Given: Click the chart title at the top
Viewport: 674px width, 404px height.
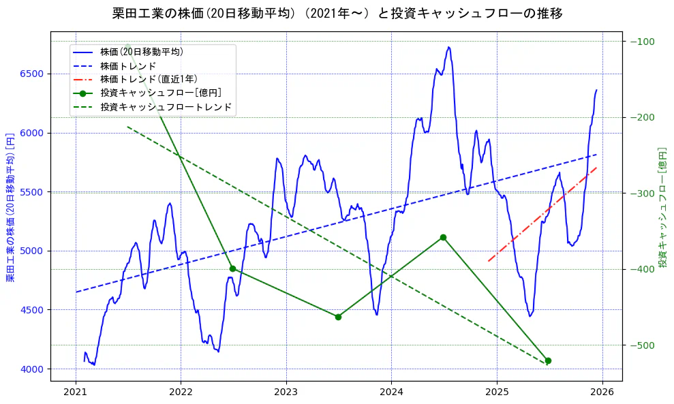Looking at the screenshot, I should (337, 13).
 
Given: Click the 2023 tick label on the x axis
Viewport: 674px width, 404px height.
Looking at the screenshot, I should (286, 392).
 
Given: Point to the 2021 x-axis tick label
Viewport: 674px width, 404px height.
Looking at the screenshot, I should (76, 392).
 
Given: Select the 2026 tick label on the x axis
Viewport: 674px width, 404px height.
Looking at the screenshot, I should (602, 392).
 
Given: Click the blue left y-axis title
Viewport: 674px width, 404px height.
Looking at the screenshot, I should (10, 207).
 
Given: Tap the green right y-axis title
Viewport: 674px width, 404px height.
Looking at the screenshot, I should (662, 207).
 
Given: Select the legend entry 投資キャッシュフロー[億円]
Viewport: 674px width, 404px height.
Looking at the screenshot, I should (161, 93).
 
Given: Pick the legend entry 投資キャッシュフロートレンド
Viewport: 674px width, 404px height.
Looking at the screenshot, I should (166, 107).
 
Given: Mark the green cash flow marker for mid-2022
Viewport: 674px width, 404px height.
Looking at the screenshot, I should (232, 268).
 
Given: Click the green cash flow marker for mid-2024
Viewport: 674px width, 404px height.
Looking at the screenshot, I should (443, 237).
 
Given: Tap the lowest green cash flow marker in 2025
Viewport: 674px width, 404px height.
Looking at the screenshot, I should (548, 360).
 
